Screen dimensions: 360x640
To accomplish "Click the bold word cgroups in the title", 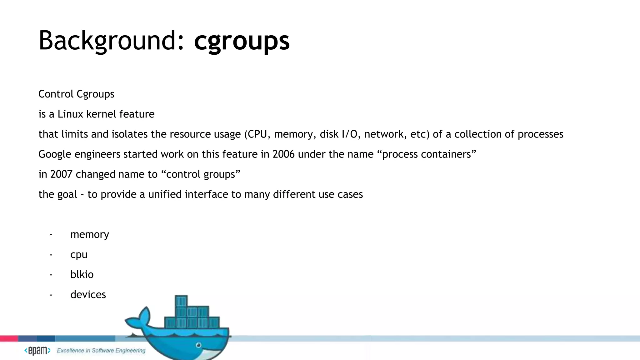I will click(x=242, y=41).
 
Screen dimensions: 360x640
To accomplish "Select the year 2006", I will click(x=283, y=154).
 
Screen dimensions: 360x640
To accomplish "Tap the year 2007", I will click(x=61, y=174).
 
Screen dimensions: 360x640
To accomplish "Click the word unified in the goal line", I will click(x=165, y=194).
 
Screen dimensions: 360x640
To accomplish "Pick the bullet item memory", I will click(x=90, y=234).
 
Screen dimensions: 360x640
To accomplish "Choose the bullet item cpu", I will click(x=79, y=254).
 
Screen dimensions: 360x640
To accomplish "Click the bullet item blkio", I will click(x=82, y=274).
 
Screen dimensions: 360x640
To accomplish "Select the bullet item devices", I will click(x=88, y=294).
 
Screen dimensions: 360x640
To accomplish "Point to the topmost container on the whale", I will click(x=181, y=301).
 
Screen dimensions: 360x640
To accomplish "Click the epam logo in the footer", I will click(x=37, y=351).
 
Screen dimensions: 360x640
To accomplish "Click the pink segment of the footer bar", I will click(x=9, y=338).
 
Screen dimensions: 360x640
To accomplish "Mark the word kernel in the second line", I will click(x=101, y=114).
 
